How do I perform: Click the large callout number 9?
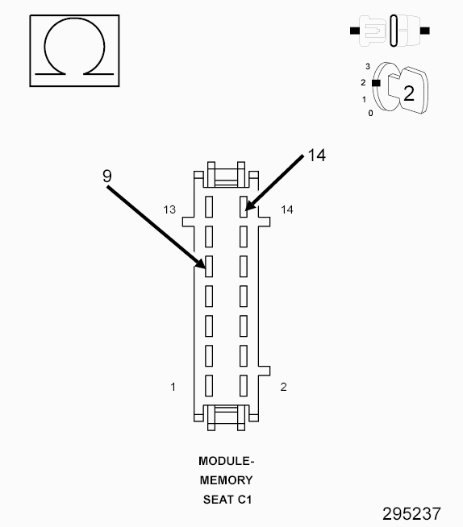pos(107,176)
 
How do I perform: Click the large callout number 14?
pos(317,156)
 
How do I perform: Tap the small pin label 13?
pos(169,210)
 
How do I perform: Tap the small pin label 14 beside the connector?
pos(287,210)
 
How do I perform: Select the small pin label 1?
pos(173,387)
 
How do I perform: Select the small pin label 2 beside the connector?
pos(284,387)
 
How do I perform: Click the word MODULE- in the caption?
pos(226,461)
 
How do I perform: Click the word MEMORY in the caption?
pos(226,480)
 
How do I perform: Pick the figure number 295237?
pos(411,514)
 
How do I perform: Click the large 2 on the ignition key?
pos(409,93)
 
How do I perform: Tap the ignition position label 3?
pos(368,67)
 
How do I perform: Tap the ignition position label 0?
pos(370,114)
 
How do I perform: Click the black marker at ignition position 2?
pos(376,83)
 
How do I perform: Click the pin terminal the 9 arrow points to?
pos(209,266)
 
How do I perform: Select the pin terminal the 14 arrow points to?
pos(244,207)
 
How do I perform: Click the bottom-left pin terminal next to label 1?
pos(209,385)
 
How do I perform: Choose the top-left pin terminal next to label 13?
pos(209,207)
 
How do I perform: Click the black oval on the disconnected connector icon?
pos(394,31)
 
